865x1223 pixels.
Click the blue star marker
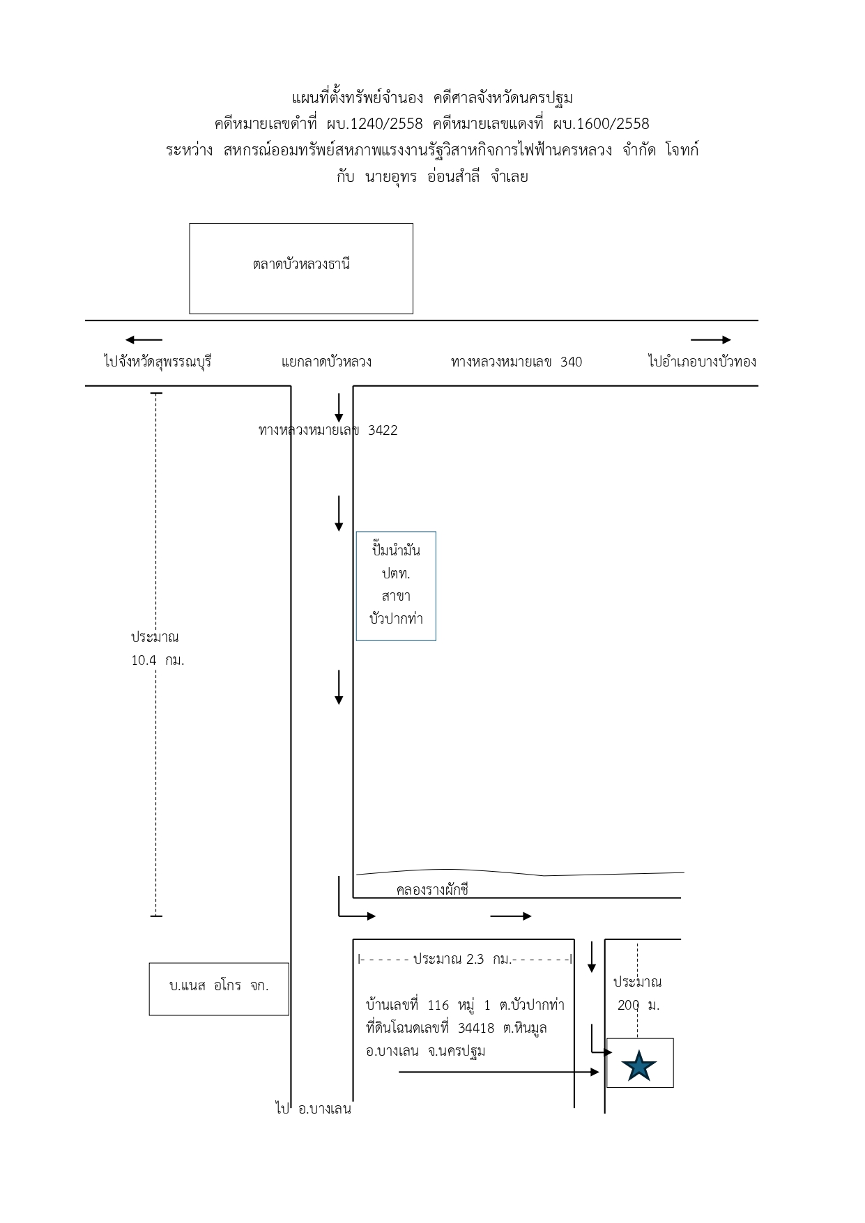pyautogui.click(x=639, y=1066)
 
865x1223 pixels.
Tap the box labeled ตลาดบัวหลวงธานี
pyautogui.click(x=301, y=268)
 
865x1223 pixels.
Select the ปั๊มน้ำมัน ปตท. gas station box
pyautogui.click(x=396, y=586)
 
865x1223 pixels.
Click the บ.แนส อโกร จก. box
pyautogui.click(x=219, y=989)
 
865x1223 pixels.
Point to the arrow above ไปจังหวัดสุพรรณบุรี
pyautogui.click(x=144, y=340)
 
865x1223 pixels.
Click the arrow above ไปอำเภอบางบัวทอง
pyautogui.click(x=711, y=340)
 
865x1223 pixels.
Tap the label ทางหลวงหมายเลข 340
pyautogui.click(x=516, y=362)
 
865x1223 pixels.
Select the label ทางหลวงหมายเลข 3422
pyautogui.click(x=328, y=430)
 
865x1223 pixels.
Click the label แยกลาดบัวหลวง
pyautogui.click(x=326, y=362)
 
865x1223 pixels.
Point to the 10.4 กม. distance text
pyautogui.click(x=158, y=660)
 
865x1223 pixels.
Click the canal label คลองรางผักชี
pyautogui.click(x=432, y=890)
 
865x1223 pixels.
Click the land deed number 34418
pyautogui.click(x=476, y=1028)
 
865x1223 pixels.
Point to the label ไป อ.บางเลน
pyautogui.click(x=313, y=1109)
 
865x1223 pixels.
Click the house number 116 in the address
pyautogui.click(x=438, y=1005)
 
